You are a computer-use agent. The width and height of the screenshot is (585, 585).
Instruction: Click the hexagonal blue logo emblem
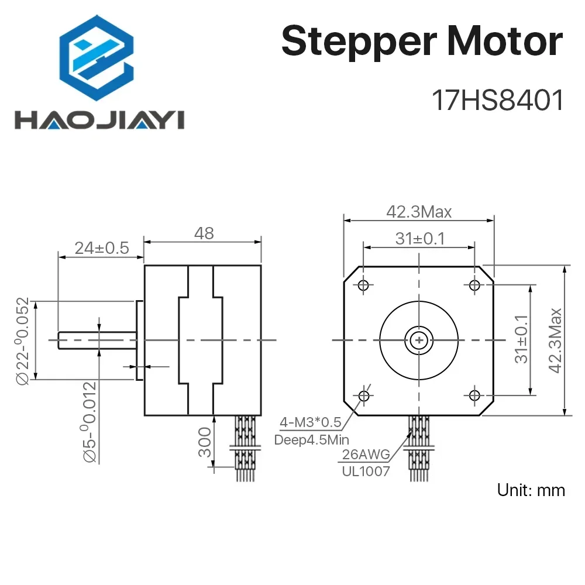click(97, 58)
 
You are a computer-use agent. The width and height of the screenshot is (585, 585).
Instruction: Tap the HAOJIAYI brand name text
click(99, 120)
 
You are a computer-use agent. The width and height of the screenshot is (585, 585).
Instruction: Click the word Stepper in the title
click(359, 42)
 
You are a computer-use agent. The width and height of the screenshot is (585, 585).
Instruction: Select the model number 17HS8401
click(497, 101)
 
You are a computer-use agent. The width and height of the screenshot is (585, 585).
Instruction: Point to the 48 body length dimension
click(204, 233)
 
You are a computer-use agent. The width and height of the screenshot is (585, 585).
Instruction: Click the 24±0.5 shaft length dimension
click(101, 248)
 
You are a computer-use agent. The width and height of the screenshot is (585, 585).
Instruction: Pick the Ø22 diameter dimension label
click(22, 341)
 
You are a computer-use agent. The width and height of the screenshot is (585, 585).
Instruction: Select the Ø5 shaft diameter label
click(90, 422)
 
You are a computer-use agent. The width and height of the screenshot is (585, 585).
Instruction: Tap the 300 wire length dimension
click(204, 442)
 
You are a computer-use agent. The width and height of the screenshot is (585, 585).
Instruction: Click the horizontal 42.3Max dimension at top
click(419, 212)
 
